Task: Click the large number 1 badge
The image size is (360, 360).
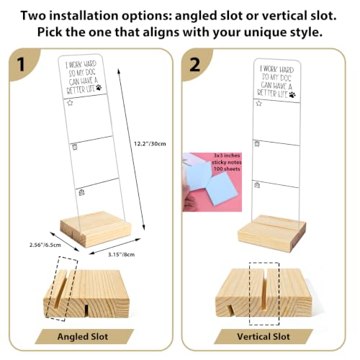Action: (x=22, y=64)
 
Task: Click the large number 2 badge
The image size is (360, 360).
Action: (x=194, y=64)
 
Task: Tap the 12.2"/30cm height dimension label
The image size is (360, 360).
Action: (x=150, y=144)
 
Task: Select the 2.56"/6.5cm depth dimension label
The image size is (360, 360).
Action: (x=45, y=245)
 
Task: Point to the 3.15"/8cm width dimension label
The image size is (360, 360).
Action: (x=121, y=254)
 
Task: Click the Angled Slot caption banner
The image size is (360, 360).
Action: (x=83, y=336)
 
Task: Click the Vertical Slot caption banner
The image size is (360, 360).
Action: (x=264, y=336)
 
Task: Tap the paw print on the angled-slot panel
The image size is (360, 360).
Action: (x=99, y=88)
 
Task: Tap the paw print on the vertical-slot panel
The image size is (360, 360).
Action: (x=292, y=94)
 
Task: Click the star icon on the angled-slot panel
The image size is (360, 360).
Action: (x=70, y=103)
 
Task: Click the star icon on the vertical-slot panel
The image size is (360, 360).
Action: (x=258, y=103)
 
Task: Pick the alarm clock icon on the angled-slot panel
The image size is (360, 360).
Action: (x=75, y=146)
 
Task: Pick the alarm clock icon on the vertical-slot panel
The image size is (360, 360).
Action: (x=257, y=143)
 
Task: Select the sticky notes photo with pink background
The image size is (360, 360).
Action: (x=212, y=182)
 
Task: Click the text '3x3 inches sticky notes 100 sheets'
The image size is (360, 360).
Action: (x=227, y=162)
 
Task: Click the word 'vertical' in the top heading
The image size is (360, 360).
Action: (x=283, y=16)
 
